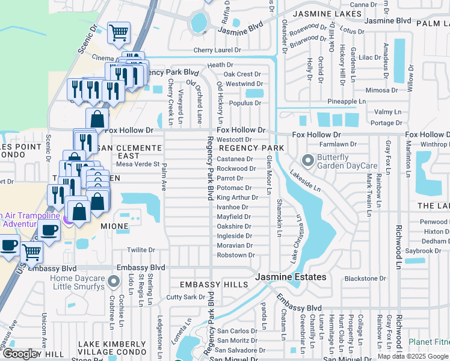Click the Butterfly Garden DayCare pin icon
point(308,161)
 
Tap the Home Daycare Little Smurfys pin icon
point(112,282)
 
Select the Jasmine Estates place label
point(291,277)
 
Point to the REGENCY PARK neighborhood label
point(251,148)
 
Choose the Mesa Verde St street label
point(137,164)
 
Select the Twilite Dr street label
point(141,250)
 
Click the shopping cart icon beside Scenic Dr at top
point(119,32)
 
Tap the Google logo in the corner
point(21,354)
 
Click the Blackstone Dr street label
point(365,279)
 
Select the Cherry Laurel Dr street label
point(217,50)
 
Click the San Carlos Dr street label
point(237,331)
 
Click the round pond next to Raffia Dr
point(197,24)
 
